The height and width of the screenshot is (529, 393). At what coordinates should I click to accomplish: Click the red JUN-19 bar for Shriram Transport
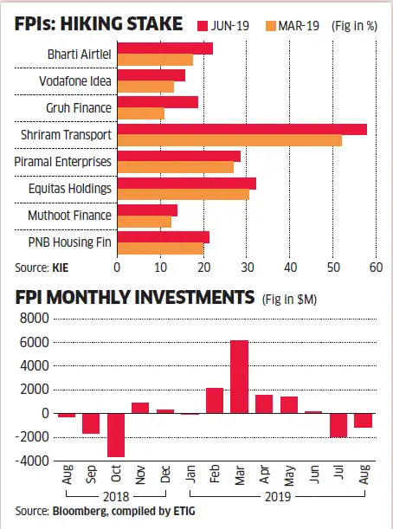click(242, 129)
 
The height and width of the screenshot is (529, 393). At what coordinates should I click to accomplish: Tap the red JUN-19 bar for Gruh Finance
click(158, 102)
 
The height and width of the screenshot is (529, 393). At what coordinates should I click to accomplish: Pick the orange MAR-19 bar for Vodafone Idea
click(145, 87)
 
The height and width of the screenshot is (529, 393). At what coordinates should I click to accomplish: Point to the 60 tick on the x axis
click(376, 268)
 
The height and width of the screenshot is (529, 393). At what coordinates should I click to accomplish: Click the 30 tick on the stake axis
click(247, 268)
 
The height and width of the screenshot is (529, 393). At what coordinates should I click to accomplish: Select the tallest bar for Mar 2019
click(239, 377)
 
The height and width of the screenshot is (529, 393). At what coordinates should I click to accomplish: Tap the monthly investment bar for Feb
click(214, 400)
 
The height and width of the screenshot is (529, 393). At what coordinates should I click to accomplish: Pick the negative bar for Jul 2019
click(338, 425)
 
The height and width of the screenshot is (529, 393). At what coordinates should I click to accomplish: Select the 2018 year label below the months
click(115, 497)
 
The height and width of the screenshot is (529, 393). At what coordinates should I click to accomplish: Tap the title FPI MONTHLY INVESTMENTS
click(130, 299)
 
